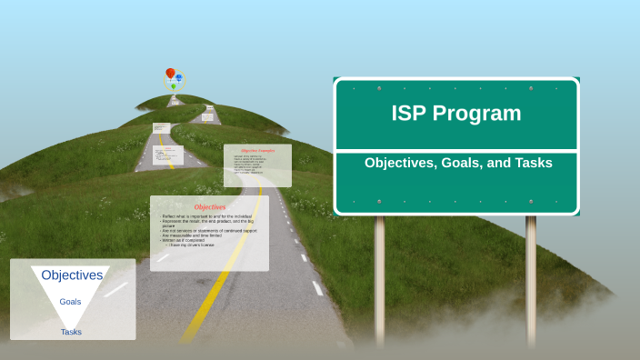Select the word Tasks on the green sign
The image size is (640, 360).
531,164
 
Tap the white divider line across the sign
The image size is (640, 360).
456,150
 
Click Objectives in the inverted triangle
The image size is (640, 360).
72,275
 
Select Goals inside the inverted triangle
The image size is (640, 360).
70,301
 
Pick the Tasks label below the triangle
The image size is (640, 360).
71,332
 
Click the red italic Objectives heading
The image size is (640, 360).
209,206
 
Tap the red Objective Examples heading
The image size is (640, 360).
257,150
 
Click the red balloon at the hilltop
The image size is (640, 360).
170,74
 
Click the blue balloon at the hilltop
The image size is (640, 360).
179,77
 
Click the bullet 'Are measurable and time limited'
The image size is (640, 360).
195,235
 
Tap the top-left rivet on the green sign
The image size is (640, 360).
379,88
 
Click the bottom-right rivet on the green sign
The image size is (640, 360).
531,201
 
